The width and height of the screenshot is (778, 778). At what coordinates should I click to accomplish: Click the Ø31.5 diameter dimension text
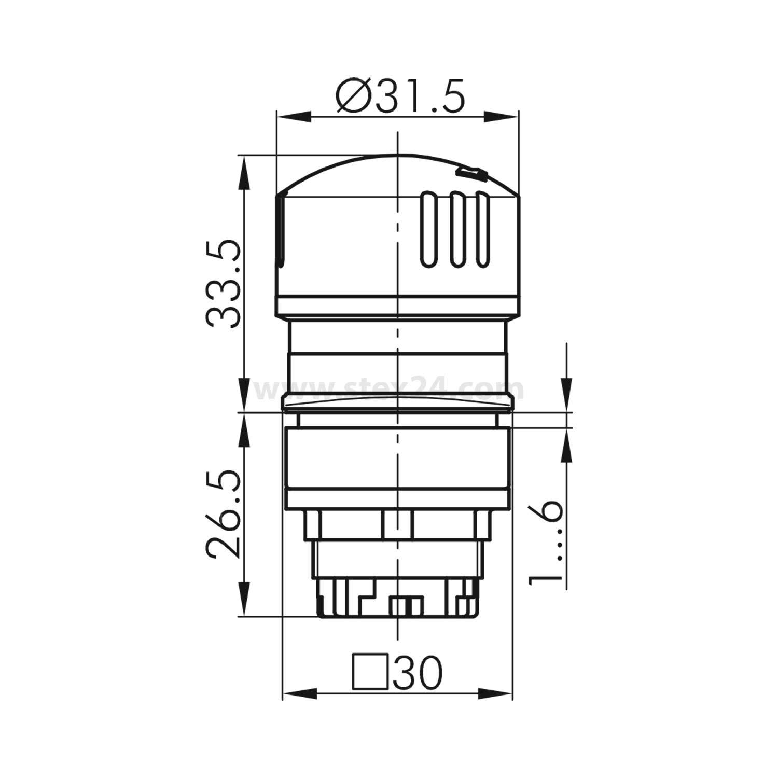[x=399, y=97]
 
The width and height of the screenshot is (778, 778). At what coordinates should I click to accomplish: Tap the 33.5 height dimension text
[x=224, y=283]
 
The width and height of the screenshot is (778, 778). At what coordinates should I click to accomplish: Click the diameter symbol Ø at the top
[x=355, y=97]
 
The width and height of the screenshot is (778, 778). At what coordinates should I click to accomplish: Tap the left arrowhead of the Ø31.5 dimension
[x=290, y=117]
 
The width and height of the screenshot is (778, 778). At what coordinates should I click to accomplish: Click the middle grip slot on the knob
[x=456, y=230]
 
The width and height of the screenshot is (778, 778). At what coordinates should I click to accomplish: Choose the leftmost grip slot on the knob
[x=429, y=230]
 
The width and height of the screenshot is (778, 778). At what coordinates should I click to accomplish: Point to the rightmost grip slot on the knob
[x=483, y=230]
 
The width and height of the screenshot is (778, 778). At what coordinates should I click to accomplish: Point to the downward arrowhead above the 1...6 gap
[x=566, y=399]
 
